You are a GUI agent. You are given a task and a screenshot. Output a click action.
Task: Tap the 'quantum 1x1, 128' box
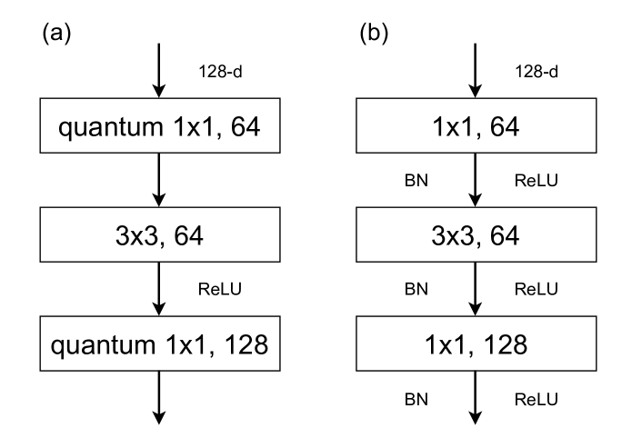click(159, 344)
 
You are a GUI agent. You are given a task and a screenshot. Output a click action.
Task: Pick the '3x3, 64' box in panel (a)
click(159, 236)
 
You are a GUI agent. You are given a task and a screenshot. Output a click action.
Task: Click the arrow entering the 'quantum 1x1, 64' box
click(159, 68)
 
